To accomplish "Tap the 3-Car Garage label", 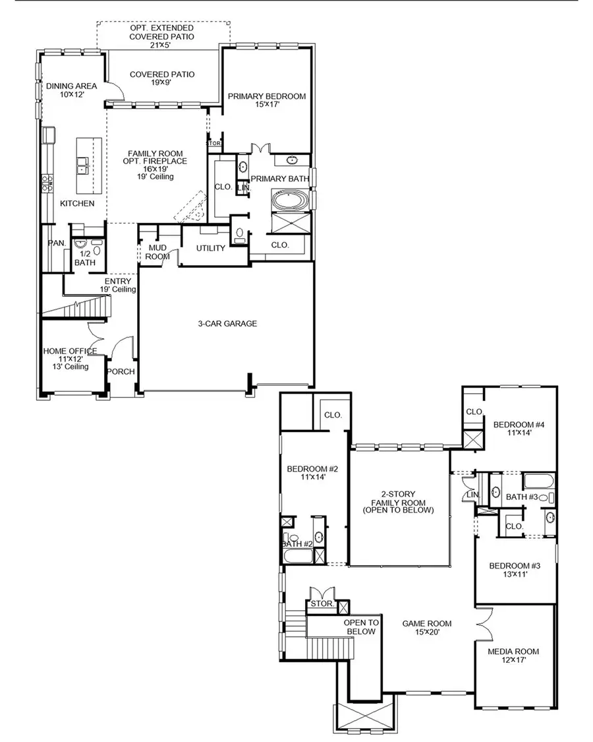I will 227,323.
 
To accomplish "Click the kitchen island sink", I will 84,164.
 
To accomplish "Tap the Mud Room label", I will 156,252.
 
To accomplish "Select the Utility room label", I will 211,248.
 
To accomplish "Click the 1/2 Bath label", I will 85,258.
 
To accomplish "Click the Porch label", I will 121,371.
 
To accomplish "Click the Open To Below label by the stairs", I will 361,627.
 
